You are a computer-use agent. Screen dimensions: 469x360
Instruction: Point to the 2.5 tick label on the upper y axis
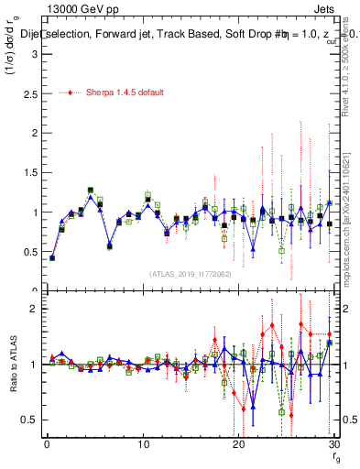coord(28,93)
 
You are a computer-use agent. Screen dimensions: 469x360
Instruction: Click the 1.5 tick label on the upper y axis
coord(28,172)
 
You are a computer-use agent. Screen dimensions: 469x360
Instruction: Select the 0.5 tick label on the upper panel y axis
coord(28,251)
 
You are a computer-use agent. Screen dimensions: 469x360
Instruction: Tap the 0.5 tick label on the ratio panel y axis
coord(28,420)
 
